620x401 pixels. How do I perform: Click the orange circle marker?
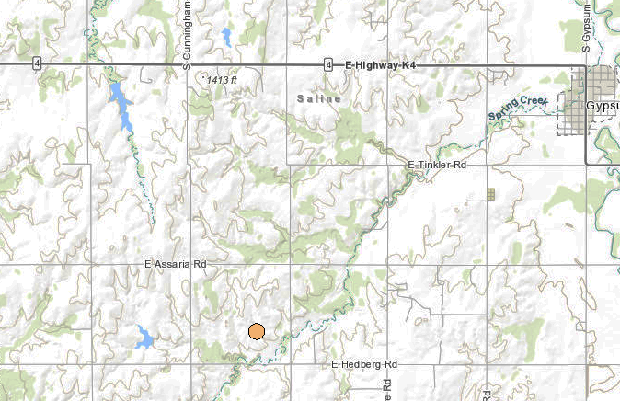[x=257, y=332]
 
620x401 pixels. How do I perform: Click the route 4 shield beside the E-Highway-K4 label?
[x=328, y=64]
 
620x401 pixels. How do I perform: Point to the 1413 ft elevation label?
[x=222, y=80]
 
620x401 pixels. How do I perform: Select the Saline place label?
[x=319, y=97]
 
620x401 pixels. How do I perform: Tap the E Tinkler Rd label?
[x=438, y=165]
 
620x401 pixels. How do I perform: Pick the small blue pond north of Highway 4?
[x=225, y=37]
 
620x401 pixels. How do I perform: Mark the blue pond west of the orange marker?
[x=143, y=337]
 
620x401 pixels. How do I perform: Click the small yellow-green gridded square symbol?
[x=491, y=194]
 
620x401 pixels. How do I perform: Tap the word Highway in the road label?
[x=376, y=64]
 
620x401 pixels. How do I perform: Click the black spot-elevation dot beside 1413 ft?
[x=202, y=78]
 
